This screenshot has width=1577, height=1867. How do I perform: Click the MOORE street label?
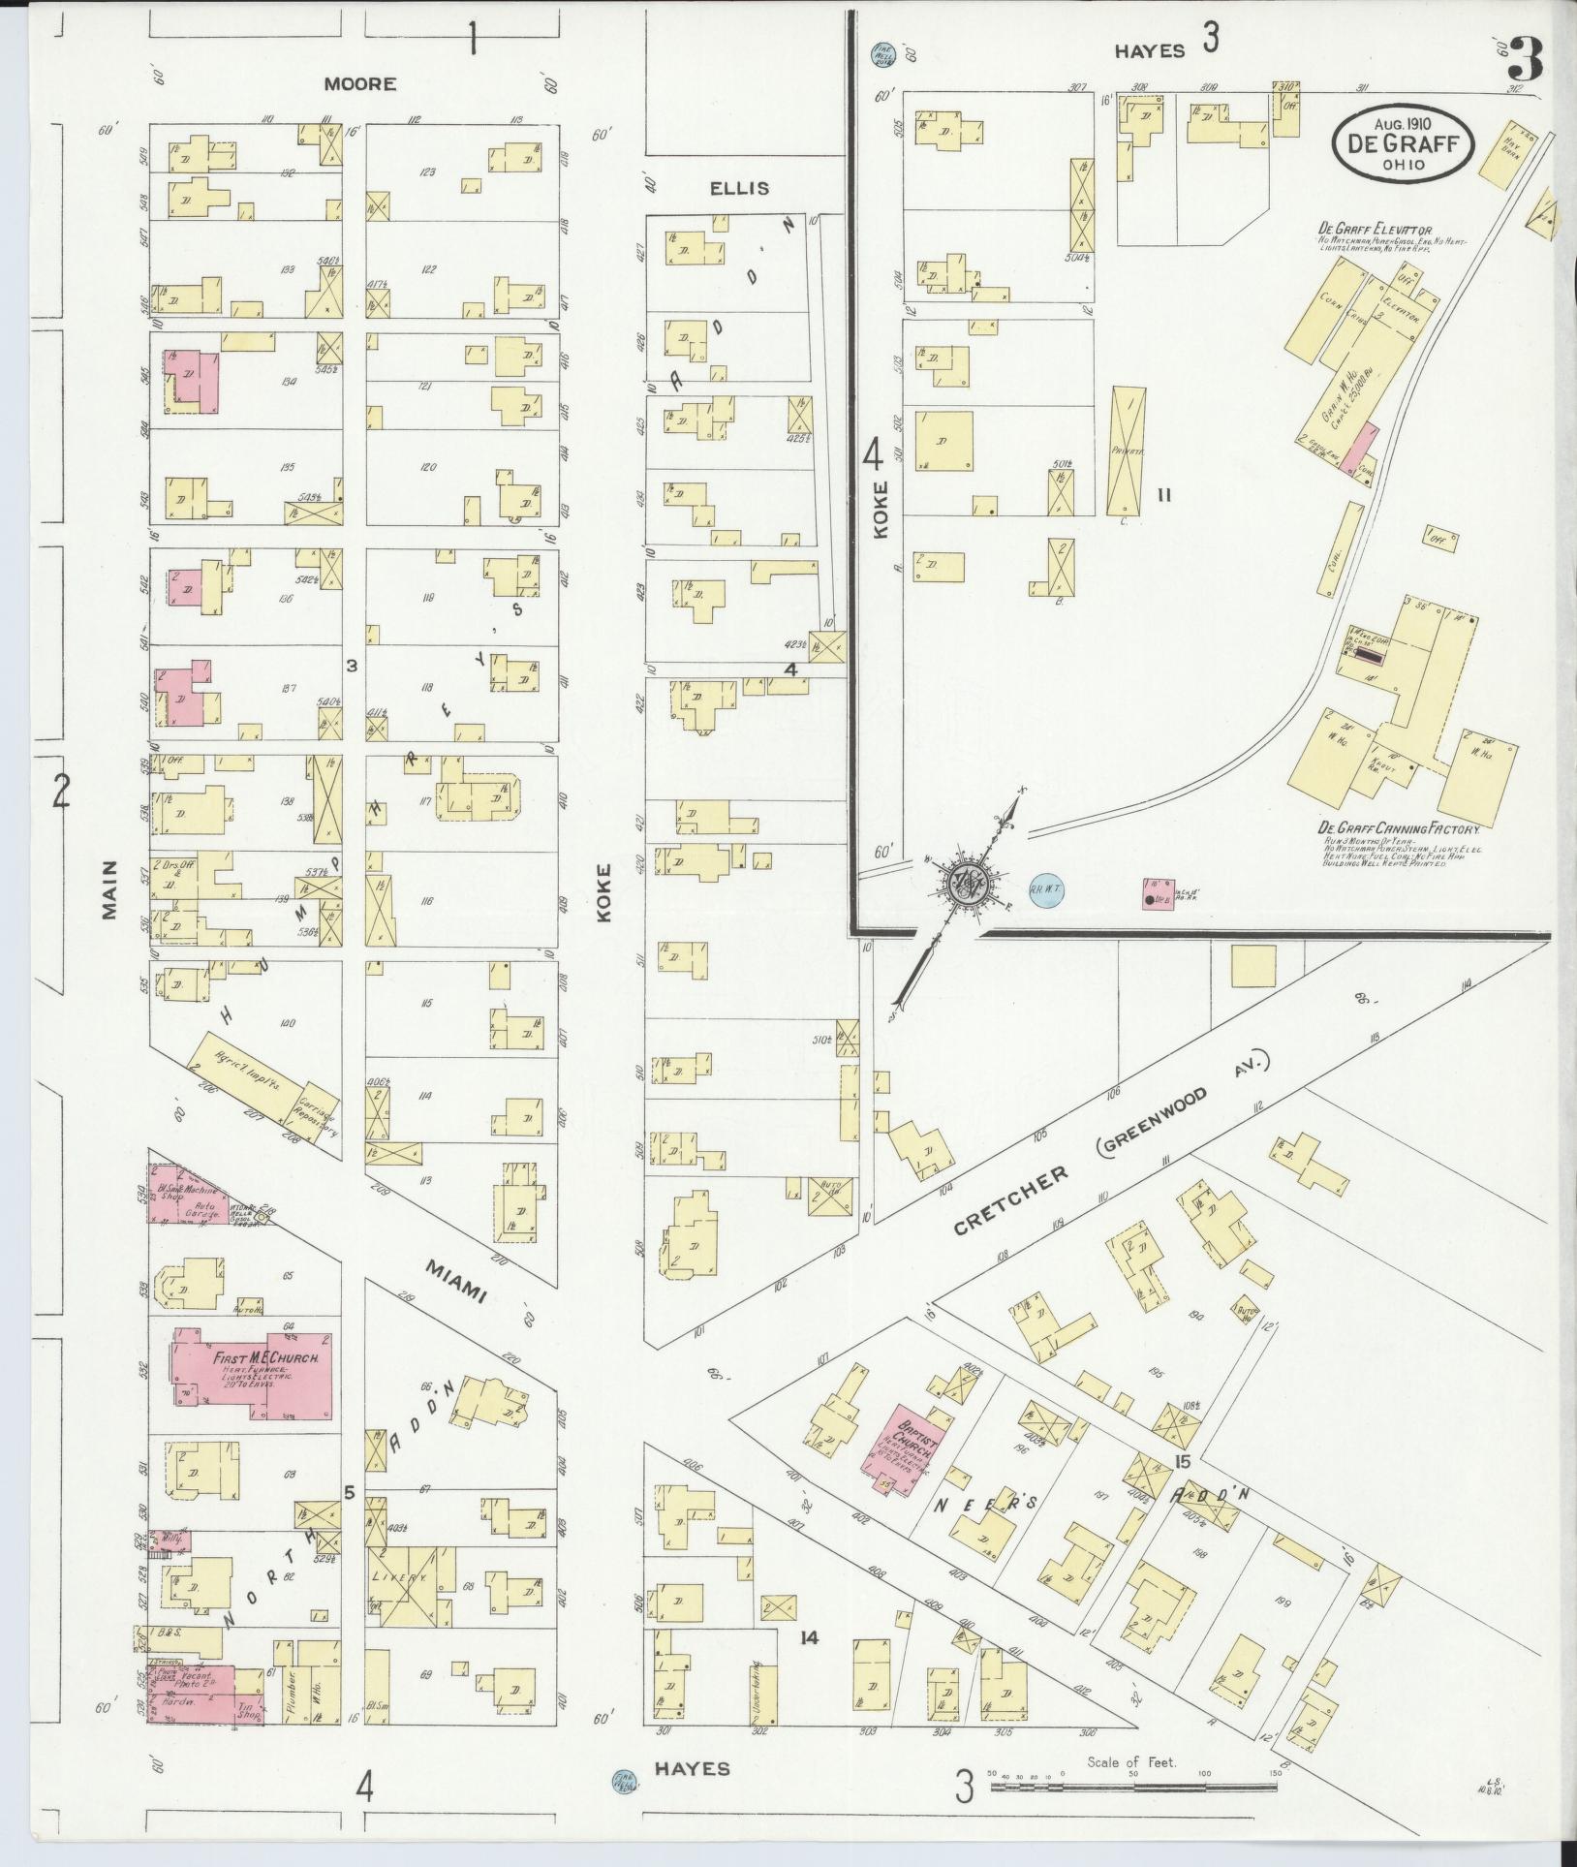coord(359,84)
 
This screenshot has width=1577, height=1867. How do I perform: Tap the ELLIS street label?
coord(739,187)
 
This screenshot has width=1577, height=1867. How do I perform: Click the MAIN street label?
coord(108,888)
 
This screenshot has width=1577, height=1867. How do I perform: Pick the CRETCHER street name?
coord(1010,1200)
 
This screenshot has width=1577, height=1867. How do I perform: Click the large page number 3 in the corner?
coord(1528,58)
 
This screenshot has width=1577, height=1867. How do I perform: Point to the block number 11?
coord(1163,495)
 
